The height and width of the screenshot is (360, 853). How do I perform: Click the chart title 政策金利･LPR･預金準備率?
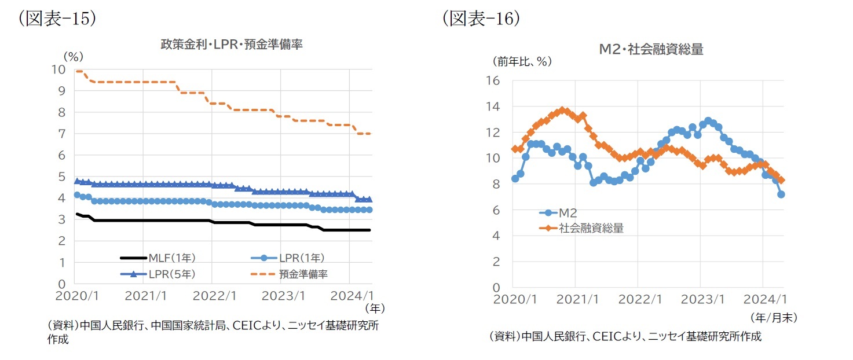pyautogui.click(x=231, y=45)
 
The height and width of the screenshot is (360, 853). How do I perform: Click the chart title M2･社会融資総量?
pyautogui.click(x=651, y=50)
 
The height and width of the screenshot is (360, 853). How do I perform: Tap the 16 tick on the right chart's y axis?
pyautogui.click(x=492, y=80)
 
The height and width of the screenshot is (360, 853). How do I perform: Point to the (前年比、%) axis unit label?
pyautogui.click(x=522, y=60)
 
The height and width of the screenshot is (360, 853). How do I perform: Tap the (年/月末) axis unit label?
pyautogui.click(x=773, y=317)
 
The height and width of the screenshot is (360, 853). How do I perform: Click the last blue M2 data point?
pyautogui.click(x=781, y=194)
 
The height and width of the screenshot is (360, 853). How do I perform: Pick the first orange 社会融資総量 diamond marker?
pyautogui.click(x=515, y=149)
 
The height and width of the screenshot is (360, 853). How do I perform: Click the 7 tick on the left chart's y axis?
pyautogui.click(x=61, y=134)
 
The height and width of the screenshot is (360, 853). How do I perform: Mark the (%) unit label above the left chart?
pyautogui.click(x=74, y=56)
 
